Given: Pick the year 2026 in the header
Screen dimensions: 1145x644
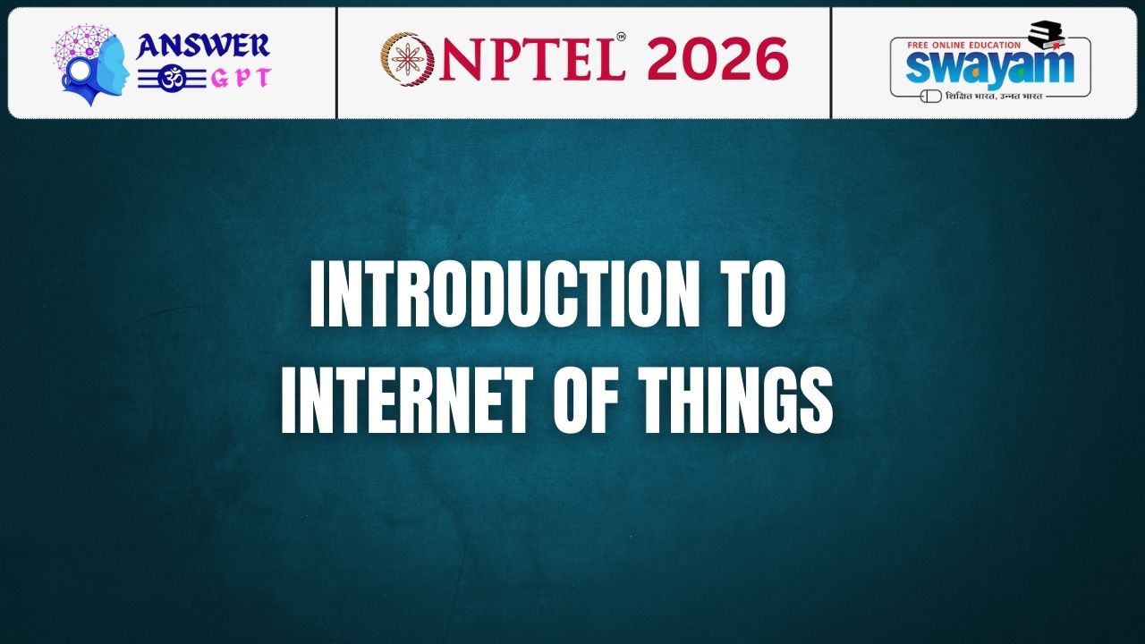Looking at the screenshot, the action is pos(718,59).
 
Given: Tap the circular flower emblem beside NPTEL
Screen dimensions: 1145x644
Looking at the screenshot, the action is pos(407,59).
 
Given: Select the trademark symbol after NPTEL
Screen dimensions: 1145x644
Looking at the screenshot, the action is pos(621,37).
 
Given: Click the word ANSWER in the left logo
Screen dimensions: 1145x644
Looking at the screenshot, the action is pos(202,46).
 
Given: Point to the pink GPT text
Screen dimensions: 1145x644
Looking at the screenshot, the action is pos(242,79).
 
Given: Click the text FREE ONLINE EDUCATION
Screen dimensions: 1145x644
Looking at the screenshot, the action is pos(964,45).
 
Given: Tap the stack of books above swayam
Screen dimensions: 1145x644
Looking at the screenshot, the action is pos(1047,35).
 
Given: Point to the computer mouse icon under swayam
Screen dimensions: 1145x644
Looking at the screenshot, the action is pos(931,96).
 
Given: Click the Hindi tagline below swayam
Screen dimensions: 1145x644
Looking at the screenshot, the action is pos(994,96).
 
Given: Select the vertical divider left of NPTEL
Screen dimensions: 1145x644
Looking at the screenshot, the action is pos(336,63).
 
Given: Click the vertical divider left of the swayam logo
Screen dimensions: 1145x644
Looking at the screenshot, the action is pos(831,63).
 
